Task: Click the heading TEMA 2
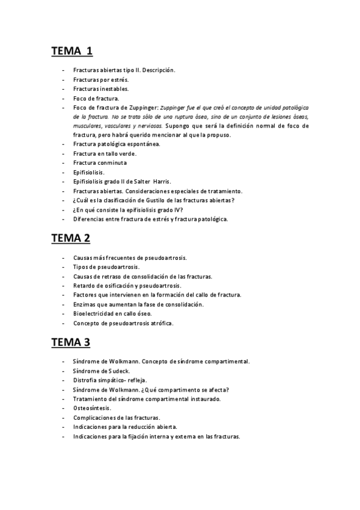[x=71, y=238]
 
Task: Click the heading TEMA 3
[x=71, y=342]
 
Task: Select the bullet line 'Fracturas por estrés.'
[x=100, y=79]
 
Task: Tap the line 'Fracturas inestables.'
[x=100, y=88]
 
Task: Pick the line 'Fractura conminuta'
[x=99, y=163]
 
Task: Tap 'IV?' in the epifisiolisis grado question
[x=175, y=209]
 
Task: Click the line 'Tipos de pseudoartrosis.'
[x=106, y=266]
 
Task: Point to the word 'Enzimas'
[x=85, y=304]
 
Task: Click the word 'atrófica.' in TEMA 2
[x=160, y=323]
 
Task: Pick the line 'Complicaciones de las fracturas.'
[x=117, y=417]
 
